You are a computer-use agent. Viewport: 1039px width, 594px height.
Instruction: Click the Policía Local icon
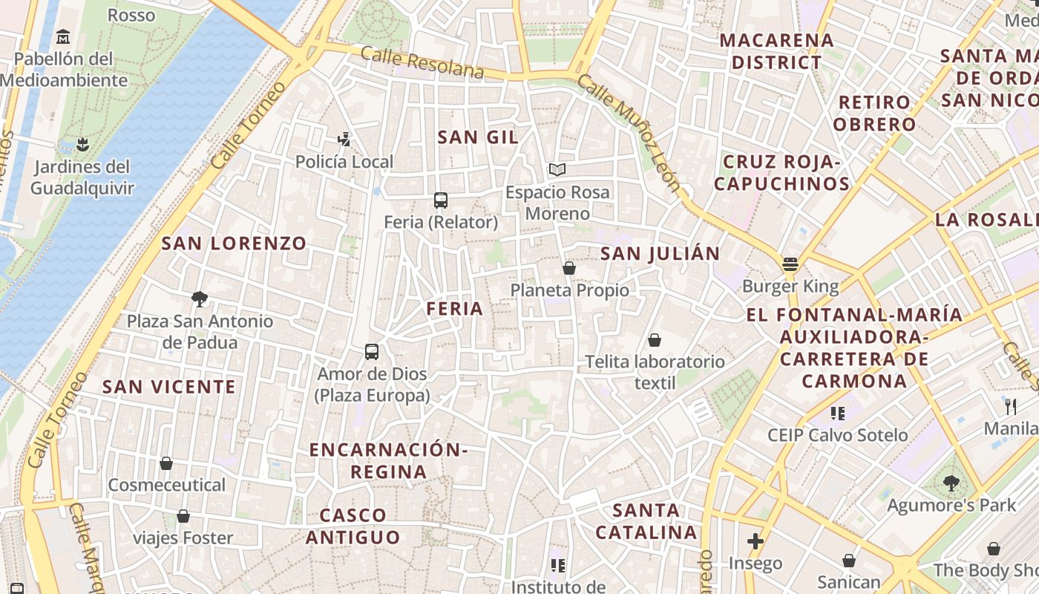coord(344,138)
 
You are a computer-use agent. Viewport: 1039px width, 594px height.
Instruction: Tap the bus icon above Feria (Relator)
coord(441,200)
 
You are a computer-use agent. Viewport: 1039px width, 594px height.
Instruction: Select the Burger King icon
coord(790,264)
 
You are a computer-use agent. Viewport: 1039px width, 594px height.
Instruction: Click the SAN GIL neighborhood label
coord(478,137)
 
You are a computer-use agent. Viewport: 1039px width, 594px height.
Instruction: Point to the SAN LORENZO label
coord(234,243)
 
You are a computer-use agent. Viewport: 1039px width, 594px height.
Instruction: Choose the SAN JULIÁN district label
coord(660,253)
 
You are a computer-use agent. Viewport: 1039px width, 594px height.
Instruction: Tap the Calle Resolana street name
coord(422,62)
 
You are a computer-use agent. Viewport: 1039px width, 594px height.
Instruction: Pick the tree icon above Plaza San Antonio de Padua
coord(199,299)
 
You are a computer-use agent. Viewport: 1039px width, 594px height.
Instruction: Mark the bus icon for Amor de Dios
coord(372,351)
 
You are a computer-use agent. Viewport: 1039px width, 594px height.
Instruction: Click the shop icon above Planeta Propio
coord(569,268)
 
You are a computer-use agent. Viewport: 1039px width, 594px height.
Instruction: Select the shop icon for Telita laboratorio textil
coord(655,340)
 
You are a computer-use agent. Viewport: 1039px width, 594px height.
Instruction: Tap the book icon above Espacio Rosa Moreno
coord(557,169)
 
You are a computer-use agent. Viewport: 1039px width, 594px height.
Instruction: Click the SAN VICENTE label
coord(168,386)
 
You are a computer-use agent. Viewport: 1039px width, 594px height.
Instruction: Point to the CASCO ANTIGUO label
coord(353,526)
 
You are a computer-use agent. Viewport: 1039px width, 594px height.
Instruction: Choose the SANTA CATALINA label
coord(646,521)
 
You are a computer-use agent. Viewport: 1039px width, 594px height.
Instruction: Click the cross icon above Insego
coord(755,541)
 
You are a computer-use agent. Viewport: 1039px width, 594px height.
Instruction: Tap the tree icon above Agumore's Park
coord(951,483)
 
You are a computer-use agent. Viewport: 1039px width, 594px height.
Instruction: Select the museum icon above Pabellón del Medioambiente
coord(63,36)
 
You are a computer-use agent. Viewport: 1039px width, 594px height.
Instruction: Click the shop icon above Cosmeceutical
coord(166,463)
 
